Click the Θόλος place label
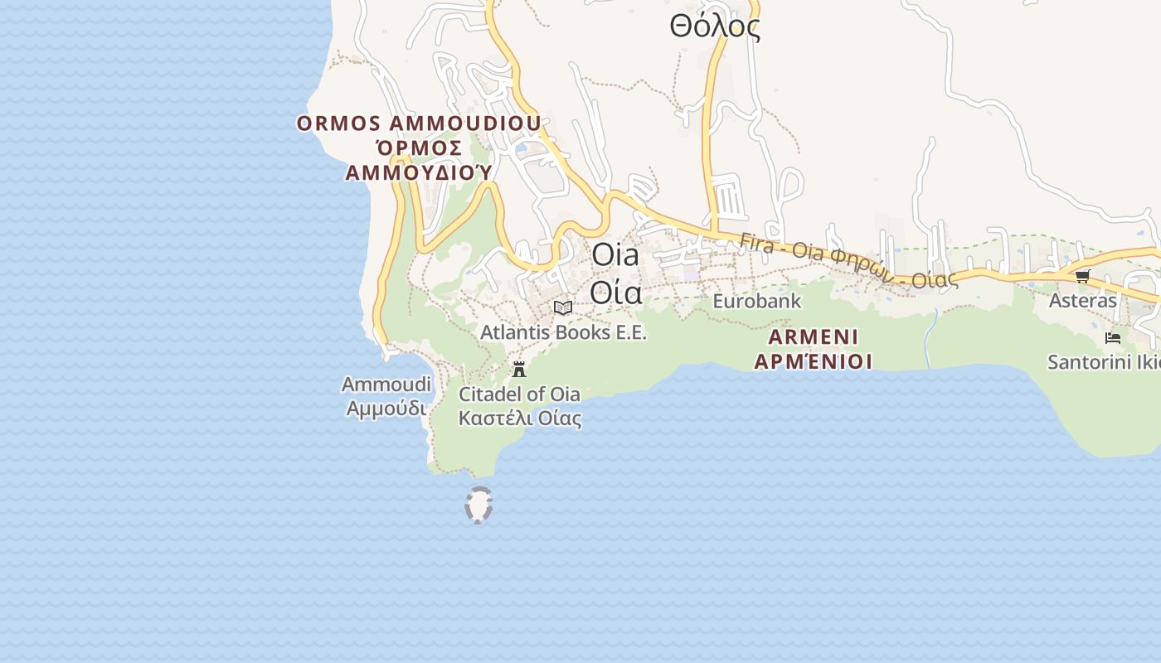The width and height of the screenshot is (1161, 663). click(x=715, y=27)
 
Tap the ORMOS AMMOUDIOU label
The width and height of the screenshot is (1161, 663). click(x=419, y=123)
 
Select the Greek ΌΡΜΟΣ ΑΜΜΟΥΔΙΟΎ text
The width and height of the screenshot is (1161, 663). click(x=419, y=160)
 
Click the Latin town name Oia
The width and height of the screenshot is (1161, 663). click(x=615, y=255)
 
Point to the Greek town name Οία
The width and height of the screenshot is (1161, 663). click(x=615, y=292)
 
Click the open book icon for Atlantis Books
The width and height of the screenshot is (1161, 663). click(x=563, y=308)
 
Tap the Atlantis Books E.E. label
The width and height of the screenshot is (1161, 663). click(x=563, y=332)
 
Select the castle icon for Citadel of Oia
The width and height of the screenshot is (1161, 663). click(x=520, y=369)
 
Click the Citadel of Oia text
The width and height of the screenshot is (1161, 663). click(x=519, y=394)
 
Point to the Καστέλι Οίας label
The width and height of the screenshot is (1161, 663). click(x=519, y=418)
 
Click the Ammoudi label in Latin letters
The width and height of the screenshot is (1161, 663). click(x=386, y=385)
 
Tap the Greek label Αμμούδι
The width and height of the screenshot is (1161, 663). click(x=386, y=409)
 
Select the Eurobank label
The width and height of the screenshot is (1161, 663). click(x=757, y=301)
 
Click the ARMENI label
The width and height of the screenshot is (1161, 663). click(x=813, y=337)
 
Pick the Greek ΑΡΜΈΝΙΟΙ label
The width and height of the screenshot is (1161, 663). click(x=813, y=361)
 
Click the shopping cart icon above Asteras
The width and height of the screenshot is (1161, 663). click(x=1082, y=276)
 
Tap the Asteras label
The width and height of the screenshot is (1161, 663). click(x=1083, y=300)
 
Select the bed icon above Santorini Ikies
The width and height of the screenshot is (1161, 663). click(x=1113, y=338)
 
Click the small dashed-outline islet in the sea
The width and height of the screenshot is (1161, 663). click(x=479, y=506)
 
